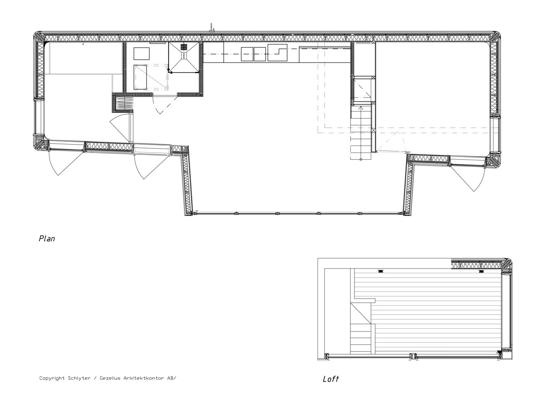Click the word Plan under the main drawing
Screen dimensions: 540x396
tap(47, 239)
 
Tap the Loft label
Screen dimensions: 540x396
tap(331, 379)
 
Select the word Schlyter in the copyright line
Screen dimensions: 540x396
tap(79, 378)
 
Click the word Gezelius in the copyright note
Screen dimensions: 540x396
tap(110, 378)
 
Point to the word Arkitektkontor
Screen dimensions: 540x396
tap(144, 378)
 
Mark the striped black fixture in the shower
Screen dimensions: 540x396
tap(184, 47)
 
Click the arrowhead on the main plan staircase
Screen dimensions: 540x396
tap(361, 108)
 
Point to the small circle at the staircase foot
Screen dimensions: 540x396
tap(361, 159)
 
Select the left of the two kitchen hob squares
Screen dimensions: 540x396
tap(247, 54)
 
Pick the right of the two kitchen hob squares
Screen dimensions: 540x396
tap(260, 54)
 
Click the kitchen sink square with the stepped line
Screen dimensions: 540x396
tap(277, 53)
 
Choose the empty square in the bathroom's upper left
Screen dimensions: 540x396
tap(141, 54)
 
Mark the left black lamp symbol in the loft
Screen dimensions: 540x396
tap(381, 271)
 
